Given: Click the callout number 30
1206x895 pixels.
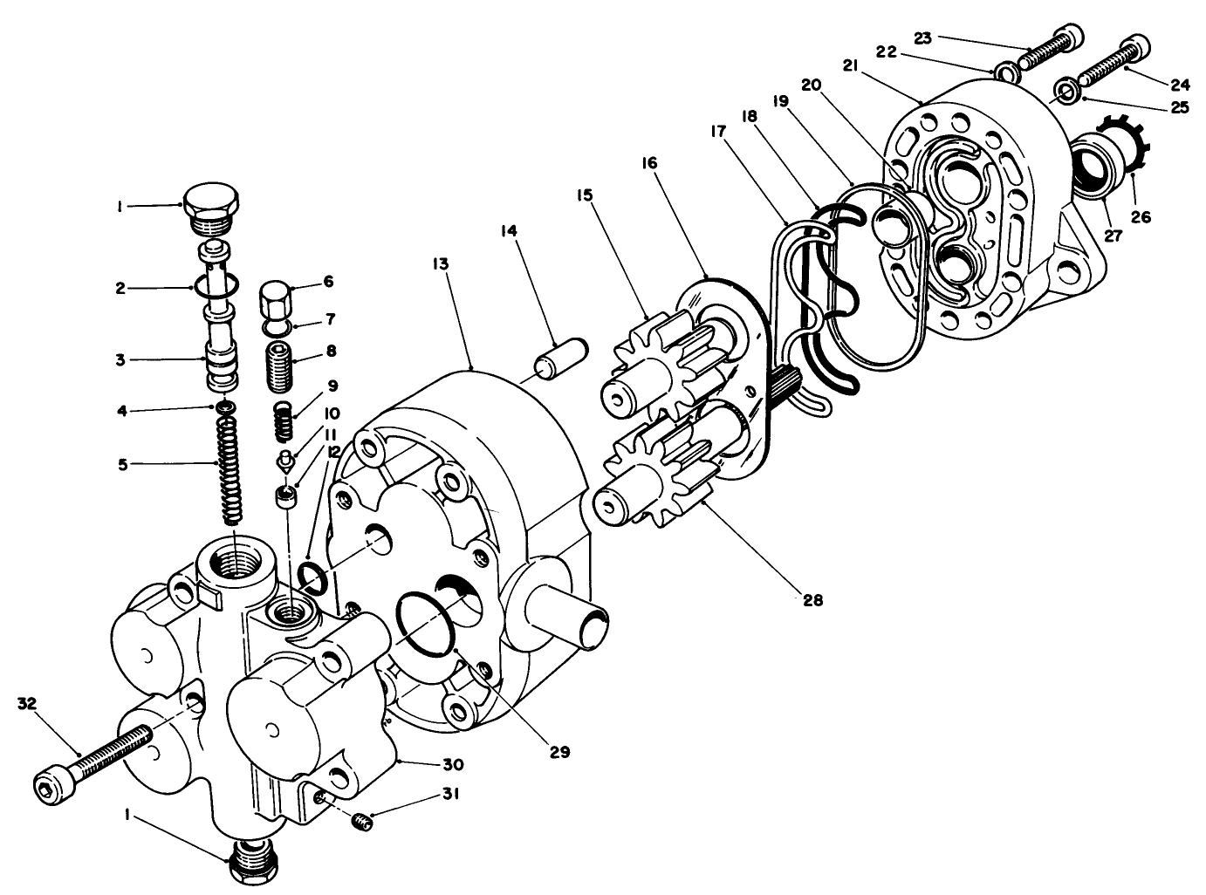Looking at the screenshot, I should pos(452,765).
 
